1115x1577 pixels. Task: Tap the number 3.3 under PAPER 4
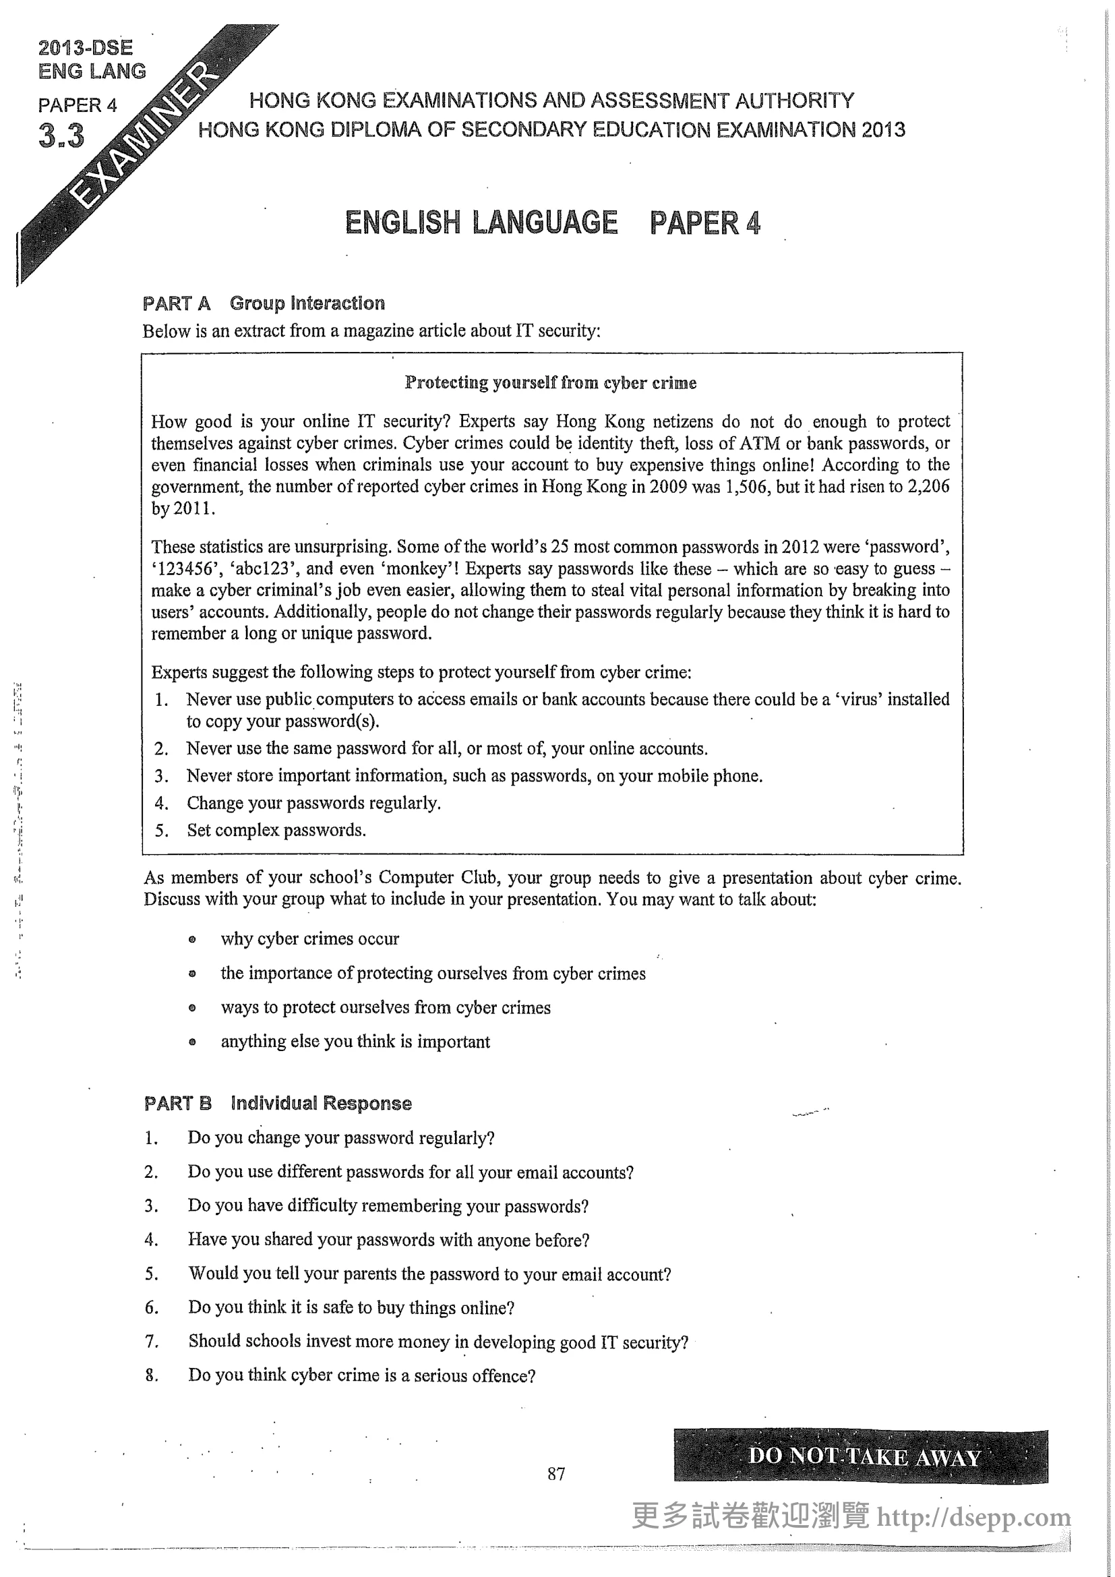pos(61,136)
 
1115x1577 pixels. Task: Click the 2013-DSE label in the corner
pos(85,47)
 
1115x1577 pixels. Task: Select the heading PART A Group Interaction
pos(264,303)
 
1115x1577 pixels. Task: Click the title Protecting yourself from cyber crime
pos(550,382)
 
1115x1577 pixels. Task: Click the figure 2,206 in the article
pos(927,486)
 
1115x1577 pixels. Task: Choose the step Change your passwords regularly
pos(313,803)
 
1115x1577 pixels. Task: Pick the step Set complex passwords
pos(276,830)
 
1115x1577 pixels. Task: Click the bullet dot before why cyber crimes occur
pos(192,939)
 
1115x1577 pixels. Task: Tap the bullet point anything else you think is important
pos(355,1041)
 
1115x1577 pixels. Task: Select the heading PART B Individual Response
pos(278,1103)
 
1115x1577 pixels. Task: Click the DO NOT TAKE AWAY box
pos(860,1456)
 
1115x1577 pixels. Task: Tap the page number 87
pos(556,1473)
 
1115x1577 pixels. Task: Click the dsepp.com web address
pos(973,1517)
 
